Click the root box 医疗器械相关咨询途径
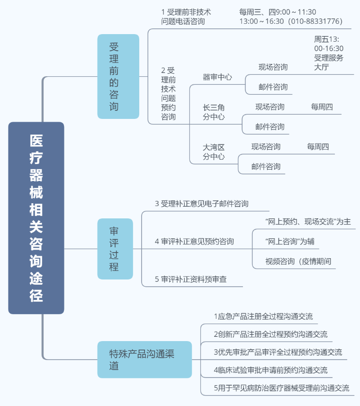[36, 218]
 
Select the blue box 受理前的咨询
[118, 76]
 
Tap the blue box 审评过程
[115, 249]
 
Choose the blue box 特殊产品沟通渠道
[144, 360]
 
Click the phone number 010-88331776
[315, 21]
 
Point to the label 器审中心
[217, 77]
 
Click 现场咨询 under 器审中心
[273, 67]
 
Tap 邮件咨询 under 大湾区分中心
[266, 166]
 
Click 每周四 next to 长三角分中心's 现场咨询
[322, 107]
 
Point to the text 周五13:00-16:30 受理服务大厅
[329, 53]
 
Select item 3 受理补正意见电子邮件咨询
[201, 204]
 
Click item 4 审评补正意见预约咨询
[194, 241]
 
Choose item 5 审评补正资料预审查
[190, 279]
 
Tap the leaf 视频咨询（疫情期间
[298, 261]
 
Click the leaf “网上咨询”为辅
[289, 241]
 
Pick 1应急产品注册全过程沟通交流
[263, 316]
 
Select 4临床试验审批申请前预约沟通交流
[270, 370]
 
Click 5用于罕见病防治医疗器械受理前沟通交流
[281, 388]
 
